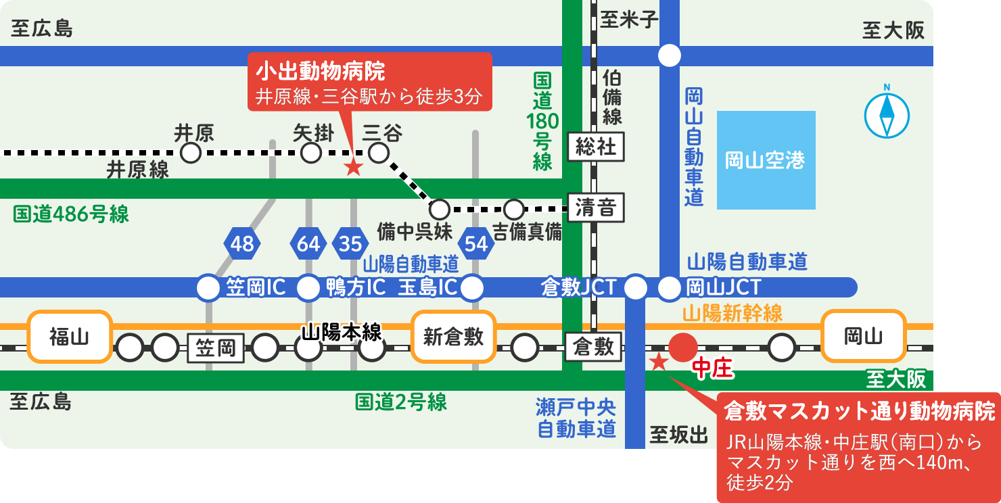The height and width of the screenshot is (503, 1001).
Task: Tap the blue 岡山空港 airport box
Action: click(766, 160)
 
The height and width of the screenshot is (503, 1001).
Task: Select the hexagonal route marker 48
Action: click(241, 243)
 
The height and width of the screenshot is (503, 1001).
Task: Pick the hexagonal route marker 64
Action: click(308, 243)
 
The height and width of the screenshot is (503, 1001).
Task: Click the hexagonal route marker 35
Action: click(350, 243)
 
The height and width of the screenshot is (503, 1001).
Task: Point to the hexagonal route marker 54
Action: click(476, 243)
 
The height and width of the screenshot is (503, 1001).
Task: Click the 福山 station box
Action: click(69, 337)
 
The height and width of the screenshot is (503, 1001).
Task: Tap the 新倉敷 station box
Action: click(453, 337)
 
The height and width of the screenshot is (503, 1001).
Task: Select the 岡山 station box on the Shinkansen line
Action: click(863, 337)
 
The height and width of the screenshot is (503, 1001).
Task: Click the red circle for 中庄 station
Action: click(683, 348)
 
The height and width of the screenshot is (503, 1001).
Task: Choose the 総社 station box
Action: click(596, 147)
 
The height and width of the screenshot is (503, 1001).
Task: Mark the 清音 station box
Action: click(596, 208)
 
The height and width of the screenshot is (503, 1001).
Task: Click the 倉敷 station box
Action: click(593, 347)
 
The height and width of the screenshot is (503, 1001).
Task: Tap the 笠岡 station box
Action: click(216, 348)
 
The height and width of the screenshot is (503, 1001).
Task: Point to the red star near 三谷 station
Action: click(353, 168)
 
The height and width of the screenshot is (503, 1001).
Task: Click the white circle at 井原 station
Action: click(191, 153)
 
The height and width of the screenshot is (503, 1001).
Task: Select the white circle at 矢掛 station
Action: click(311, 153)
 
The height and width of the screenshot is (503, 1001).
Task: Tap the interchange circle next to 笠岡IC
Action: click(208, 287)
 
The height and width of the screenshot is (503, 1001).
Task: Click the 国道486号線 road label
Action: click(71, 214)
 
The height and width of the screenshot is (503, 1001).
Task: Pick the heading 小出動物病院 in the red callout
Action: click(321, 71)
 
